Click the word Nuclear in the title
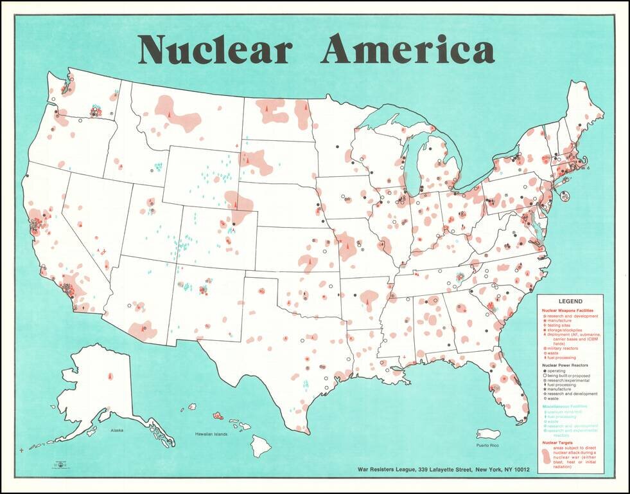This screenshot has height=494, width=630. (215, 50)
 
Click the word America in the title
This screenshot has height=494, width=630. (408, 50)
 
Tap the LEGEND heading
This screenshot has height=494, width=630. (570, 301)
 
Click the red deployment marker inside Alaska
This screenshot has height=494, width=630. (110, 374)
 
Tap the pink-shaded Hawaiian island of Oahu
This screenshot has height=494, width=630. (218, 416)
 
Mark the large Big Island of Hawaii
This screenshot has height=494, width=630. (261, 443)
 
